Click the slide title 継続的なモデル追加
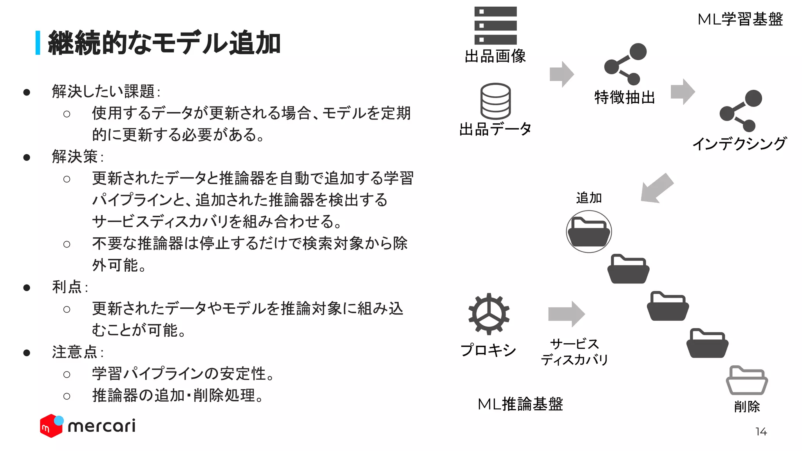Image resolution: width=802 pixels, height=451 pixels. (x=164, y=43)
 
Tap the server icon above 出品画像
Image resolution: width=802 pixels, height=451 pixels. (x=495, y=25)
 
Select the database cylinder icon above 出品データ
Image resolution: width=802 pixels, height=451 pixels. (x=495, y=101)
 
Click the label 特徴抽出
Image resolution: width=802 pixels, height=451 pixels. (x=625, y=97)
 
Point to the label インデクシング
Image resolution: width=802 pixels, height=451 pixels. (x=739, y=144)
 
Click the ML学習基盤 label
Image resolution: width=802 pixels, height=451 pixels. (x=740, y=19)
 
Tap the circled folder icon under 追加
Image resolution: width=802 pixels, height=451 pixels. (x=589, y=231)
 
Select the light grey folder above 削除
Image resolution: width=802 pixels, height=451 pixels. (x=747, y=380)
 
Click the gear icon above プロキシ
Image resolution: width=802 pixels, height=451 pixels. (x=489, y=314)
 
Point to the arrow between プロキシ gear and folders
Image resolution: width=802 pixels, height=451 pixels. (x=566, y=314)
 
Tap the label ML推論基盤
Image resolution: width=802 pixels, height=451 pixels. (x=520, y=404)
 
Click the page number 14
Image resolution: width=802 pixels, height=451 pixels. (x=761, y=431)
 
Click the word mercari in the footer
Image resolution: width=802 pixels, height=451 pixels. (x=102, y=426)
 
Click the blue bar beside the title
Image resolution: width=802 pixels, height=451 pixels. (x=38, y=43)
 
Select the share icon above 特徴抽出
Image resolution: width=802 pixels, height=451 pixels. (x=625, y=64)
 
